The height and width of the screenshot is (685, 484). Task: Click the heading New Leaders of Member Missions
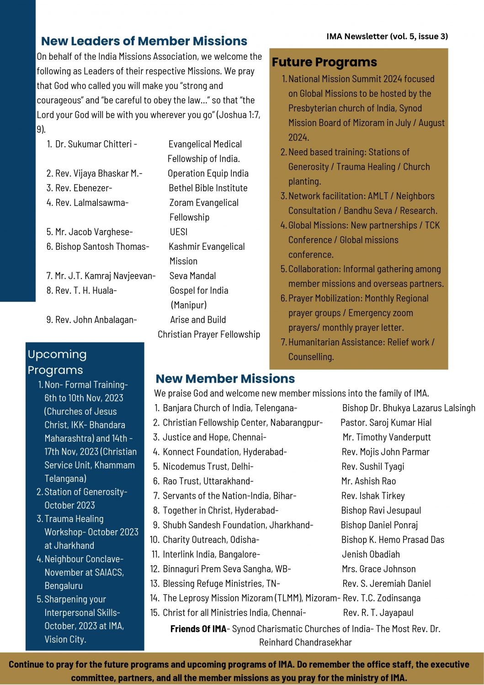point(144,41)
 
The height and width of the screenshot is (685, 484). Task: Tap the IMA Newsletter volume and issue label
point(387,37)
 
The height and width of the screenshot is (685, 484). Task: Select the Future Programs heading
point(324,62)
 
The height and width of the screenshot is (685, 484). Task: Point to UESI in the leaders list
point(179,232)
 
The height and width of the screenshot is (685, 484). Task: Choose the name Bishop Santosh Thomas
point(102,247)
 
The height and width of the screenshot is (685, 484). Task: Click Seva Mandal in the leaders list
point(192,276)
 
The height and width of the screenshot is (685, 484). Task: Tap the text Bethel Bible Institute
point(208,188)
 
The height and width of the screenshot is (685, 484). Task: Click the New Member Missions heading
point(225,379)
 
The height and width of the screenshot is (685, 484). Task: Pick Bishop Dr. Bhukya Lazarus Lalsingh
point(409,408)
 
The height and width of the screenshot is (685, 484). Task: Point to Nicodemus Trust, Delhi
point(208,467)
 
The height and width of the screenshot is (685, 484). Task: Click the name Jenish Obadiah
point(371,554)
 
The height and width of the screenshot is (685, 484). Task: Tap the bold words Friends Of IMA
point(198,629)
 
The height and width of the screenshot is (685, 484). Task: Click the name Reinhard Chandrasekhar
point(305,643)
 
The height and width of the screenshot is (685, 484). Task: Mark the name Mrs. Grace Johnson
point(379,569)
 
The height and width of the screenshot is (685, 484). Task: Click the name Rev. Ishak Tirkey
point(373,496)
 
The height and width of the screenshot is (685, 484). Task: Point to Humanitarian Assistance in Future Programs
point(336,342)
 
